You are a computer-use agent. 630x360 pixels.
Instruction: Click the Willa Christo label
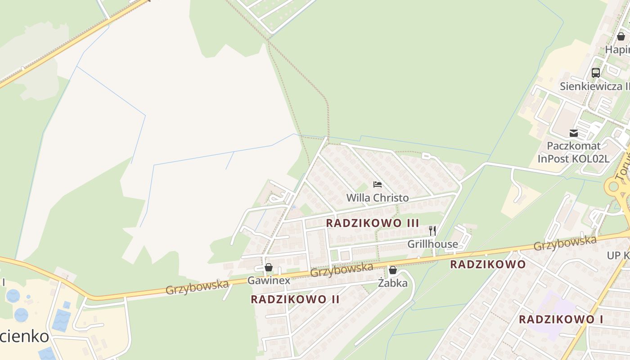(377, 198)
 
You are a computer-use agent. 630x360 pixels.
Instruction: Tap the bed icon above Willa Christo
(377, 184)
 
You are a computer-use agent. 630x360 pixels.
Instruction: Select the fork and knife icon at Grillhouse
(432, 231)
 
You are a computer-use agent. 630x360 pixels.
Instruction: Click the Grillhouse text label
(432, 244)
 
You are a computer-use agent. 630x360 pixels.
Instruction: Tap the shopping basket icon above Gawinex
(269, 267)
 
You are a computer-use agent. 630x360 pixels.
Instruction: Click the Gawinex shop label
(269, 280)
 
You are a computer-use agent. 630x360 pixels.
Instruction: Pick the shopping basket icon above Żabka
(392, 270)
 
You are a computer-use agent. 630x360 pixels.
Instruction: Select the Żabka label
(392, 283)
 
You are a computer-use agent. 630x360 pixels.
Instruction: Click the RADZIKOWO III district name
(373, 223)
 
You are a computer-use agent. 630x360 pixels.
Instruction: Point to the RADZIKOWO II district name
(295, 299)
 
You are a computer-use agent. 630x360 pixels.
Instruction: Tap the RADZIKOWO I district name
(561, 319)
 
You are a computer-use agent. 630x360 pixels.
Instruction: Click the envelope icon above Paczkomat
(573, 133)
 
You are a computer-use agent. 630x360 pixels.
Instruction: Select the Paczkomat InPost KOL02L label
(573, 152)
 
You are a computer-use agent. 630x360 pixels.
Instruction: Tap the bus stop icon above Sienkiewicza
(596, 73)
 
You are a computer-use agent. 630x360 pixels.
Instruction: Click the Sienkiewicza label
(594, 86)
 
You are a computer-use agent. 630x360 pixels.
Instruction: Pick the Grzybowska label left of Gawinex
(197, 287)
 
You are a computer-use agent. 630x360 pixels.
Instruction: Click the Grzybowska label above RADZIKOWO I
(565, 243)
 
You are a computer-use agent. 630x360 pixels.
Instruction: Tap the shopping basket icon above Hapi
(621, 36)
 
